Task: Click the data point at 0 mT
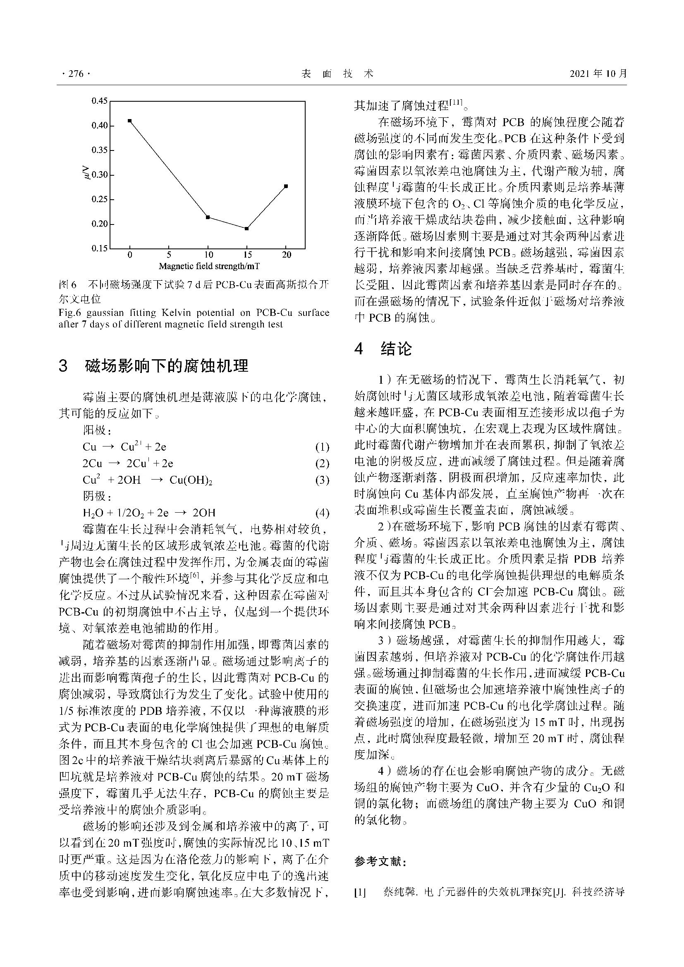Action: click(130, 121)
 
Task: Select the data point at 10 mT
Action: click(208, 217)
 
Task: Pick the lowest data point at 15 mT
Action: click(247, 229)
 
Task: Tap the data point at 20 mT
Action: click(286, 186)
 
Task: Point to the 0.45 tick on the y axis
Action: click(100, 100)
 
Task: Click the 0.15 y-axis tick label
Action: click(100, 248)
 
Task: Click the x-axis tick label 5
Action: click(169, 255)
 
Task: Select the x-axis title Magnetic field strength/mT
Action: click(209, 266)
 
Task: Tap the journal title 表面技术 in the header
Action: click(338, 74)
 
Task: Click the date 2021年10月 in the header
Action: click(598, 74)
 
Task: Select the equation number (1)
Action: click(322, 447)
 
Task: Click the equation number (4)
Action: click(322, 513)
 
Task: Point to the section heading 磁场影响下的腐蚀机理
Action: click(166, 366)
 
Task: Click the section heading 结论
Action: click(396, 349)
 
